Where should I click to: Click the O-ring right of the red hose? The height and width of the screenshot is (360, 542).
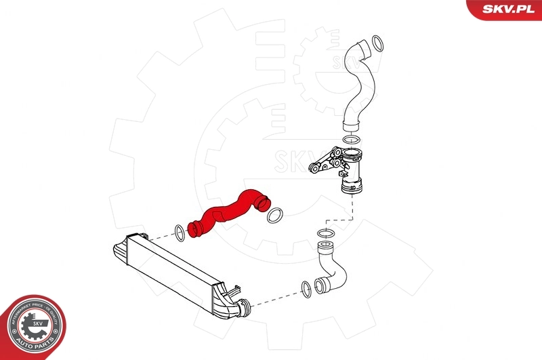[x=275, y=215]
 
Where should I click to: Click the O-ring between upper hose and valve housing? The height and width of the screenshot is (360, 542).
[x=351, y=140]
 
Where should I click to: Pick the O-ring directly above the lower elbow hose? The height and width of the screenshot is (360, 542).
[x=325, y=234]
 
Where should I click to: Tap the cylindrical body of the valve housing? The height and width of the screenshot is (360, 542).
[x=353, y=169]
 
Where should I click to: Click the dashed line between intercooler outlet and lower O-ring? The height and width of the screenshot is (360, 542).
[x=274, y=299]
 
